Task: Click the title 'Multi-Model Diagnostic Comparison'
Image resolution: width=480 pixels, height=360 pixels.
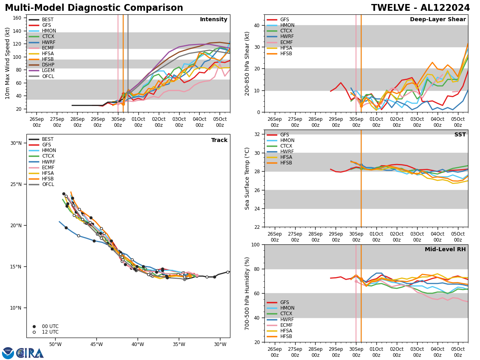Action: pyautogui.click(x=94, y=8)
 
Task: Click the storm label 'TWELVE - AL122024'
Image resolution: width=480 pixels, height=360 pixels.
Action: pyautogui.click(x=420, y=8)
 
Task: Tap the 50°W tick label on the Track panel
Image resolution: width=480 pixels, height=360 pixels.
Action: pyautogui.click(x=55, y=345)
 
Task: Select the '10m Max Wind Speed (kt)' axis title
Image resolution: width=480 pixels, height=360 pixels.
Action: pyautogui.click(x=7, y=63)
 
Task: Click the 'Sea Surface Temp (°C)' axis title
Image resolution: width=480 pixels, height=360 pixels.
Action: pyautogui.click(x=247, y=178)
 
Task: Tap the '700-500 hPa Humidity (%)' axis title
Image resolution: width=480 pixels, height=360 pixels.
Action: pyautogui.click(x=247, y=293)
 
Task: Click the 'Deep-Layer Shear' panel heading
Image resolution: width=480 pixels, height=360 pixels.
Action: pyautogui.click(x=438, y=20)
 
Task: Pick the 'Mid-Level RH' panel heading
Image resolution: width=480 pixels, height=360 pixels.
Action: pyautogui.click(x=445, y=250)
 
